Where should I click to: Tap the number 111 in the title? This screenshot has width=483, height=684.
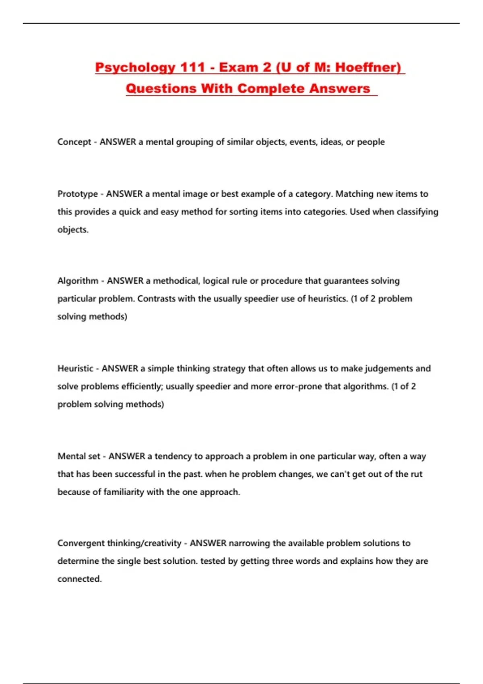click(192, 67)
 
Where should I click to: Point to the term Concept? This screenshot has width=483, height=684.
click(74, 142)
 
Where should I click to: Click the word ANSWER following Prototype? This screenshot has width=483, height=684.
click(124, 194)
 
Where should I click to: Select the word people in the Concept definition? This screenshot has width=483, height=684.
click(371, 142)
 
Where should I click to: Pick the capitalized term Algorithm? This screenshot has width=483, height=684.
click(78, 281)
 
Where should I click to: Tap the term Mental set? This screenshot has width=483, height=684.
click(79, 456)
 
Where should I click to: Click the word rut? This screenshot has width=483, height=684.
click(417, 474)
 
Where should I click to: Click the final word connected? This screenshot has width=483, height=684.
click(79, 579)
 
